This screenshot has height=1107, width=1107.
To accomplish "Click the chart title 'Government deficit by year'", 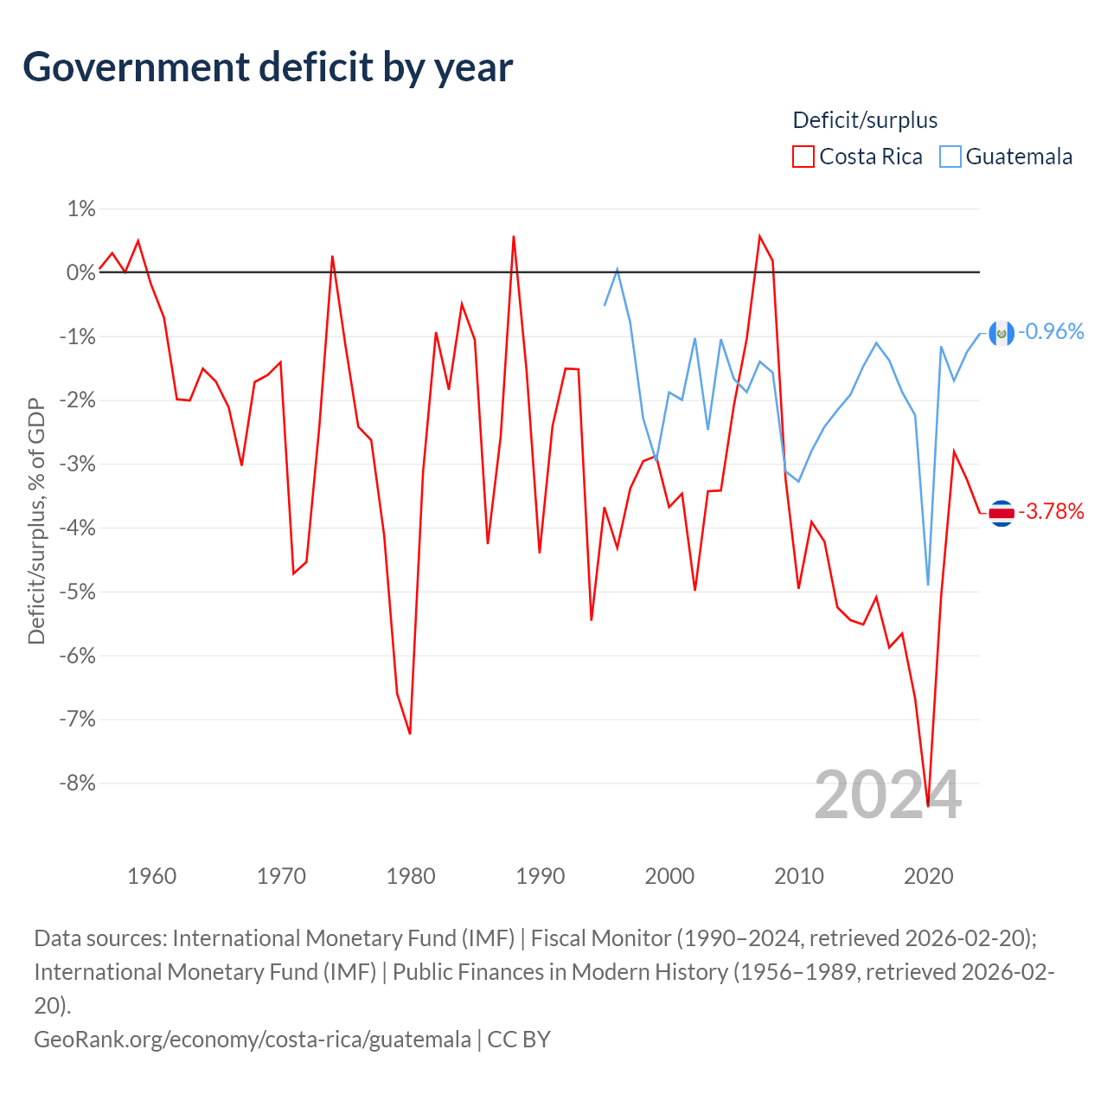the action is tap(267, 67).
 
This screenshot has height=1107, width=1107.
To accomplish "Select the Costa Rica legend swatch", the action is tap(803, 157).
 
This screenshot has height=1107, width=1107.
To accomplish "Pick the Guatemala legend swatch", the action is tap(950, 157).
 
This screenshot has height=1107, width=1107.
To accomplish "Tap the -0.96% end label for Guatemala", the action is tap(1051, 331).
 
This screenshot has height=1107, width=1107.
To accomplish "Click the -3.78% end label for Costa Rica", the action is tap(1051, 511).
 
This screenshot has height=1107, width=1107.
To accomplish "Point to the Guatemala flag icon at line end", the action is tap(1001, 333).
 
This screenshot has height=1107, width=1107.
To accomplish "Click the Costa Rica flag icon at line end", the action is tap(1001, 513).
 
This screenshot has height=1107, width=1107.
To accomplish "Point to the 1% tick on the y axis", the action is tap(81, 209).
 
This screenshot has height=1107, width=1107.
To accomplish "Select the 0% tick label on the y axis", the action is tap(80, 272).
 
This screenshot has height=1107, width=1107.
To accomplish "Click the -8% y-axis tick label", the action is tap(78, 783).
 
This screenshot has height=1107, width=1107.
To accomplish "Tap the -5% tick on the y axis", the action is tap(78, 592).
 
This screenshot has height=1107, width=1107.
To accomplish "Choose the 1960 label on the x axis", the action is tap(151, 876).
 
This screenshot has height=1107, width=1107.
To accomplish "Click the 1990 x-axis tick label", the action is tap(540, 876).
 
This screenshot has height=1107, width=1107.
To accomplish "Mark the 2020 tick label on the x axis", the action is tap(928, 876).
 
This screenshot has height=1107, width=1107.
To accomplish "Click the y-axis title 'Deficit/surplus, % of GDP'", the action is tap(36, 521).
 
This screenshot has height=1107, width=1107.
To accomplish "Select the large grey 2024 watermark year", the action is tap(887, 796).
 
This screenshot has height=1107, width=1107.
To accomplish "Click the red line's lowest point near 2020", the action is tap(928, 806).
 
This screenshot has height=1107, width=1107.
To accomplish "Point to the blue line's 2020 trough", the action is tap(928, 585).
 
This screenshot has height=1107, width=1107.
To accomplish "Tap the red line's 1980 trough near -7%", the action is tap(410, 733).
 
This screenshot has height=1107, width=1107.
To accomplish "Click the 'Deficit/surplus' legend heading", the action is tap(865, 120).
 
